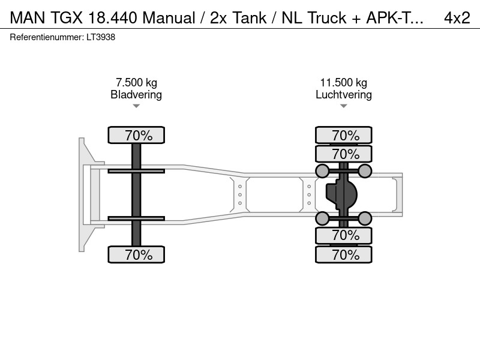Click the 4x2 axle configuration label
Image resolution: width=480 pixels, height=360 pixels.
coord(457,18)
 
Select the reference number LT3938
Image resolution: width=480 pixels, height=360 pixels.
coord(101,37)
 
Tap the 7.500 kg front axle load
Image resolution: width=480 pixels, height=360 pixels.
coord(136,82)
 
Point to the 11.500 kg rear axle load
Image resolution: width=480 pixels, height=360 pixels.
coord(343,82)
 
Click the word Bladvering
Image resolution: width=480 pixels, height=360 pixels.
coord(136,95)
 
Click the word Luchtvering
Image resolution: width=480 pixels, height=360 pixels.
coord(344,95)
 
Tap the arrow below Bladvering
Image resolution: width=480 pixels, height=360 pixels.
coord(136,106)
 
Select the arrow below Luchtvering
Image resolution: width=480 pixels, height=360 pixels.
coord(343,106)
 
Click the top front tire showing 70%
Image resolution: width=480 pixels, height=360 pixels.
coord(136,135)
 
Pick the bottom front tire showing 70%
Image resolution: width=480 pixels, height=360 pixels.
coord(136,254)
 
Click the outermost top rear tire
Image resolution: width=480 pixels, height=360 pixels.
coord(344,135)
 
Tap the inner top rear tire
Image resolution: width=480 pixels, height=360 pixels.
coord(344,154)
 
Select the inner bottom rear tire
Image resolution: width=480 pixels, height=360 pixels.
coord(344,235)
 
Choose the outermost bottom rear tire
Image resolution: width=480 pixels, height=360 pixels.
coord(344,254)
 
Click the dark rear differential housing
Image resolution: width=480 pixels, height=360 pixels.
coord(341,194)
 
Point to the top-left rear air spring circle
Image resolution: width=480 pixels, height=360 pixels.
coord(322,171)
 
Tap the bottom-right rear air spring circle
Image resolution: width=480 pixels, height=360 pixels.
coord(365,218)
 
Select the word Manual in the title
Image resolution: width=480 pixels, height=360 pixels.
coord(169,18)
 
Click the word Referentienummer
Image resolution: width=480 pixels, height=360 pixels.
coord(47,37)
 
